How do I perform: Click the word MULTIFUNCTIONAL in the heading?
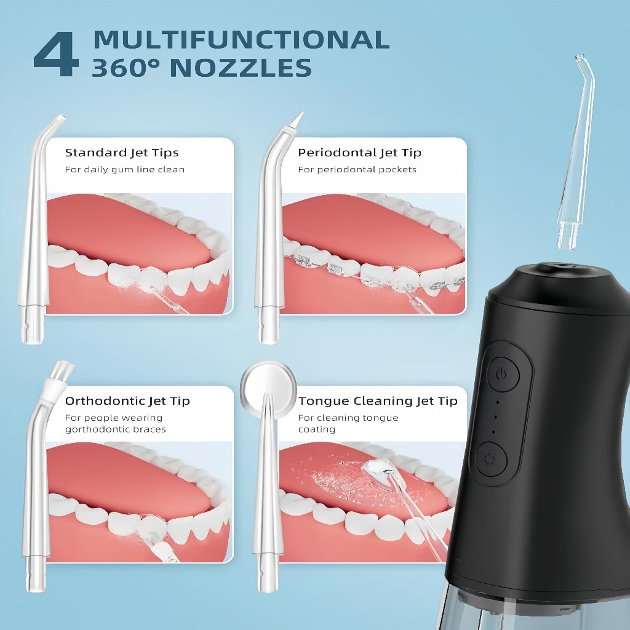[x=241, y=40]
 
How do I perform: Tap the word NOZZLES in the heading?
[x=241, y=68]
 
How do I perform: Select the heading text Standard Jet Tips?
[x=122, y=153]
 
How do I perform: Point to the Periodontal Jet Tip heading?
[x=359, y=153]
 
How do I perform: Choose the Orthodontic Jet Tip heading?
[x=127, y=401]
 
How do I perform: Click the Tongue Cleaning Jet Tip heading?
[x=378, y=401]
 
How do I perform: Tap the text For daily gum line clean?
[x=124, y=170]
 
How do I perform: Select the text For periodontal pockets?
[x=357, y=170]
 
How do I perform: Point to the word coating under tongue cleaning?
[x=317, y=429]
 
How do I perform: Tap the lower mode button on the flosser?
[x=490, y=459]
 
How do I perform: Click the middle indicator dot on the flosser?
[x=495, y=417]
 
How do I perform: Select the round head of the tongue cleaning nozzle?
[x=268, y=388]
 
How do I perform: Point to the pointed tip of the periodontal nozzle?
[x=298, y=118]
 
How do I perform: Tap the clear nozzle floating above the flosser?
[x=575, y=153]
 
